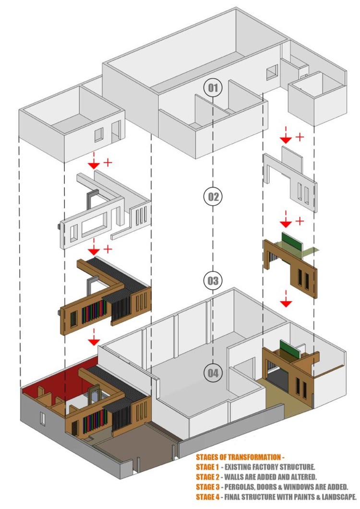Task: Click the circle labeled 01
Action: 213,88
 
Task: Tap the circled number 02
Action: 213,196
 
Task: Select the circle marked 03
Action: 213,280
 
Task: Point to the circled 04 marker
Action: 213,373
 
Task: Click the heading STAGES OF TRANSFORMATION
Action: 238,457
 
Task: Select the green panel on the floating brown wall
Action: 289,239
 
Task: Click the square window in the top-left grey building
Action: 98,134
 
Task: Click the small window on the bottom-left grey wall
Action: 42,419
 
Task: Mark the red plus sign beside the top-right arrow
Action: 300,137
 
